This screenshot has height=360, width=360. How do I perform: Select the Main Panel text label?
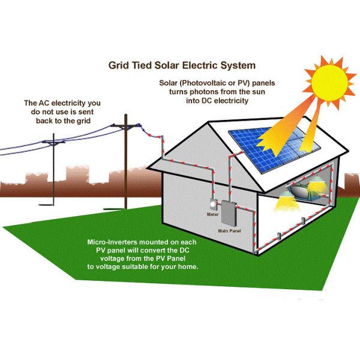[229, 230]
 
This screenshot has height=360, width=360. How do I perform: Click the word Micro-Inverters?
[113, 241]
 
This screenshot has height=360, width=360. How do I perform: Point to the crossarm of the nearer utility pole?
[127, 127]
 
